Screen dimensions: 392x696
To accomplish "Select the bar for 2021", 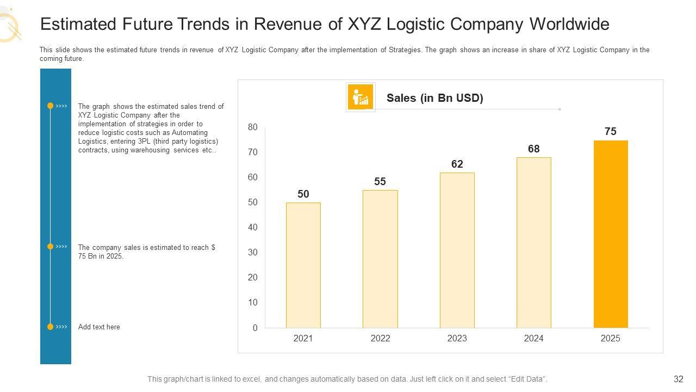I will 303,265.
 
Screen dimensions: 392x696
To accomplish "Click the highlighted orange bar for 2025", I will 610,234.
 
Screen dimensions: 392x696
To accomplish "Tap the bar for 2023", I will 457,250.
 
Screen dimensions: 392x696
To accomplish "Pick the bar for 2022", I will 380,259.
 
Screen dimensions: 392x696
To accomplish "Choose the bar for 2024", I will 533,242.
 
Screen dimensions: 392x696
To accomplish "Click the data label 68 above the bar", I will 533,149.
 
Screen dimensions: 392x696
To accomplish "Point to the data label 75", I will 610,131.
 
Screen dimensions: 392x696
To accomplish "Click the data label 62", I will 457,164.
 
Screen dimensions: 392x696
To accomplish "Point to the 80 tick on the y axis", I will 253,127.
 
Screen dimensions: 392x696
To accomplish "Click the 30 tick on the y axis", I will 253,253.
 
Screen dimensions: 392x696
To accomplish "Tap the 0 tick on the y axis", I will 255,328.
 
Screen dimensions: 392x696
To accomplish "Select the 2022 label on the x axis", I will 380,338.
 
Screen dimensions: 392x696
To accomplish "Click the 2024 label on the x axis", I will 533,338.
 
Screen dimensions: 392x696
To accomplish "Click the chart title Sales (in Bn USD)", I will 434,98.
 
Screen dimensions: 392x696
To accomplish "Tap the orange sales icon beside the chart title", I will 360,97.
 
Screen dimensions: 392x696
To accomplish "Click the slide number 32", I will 678,379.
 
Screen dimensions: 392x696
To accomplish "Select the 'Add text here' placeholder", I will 99,327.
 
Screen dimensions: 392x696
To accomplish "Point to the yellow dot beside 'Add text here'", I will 50,327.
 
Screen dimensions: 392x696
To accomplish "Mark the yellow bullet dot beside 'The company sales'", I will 50,247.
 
